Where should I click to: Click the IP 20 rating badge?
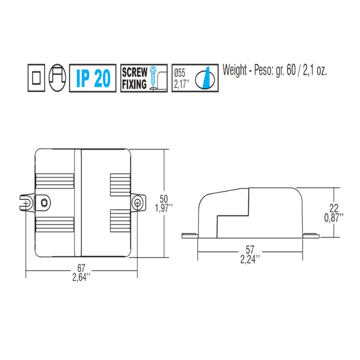[x=93, y=79]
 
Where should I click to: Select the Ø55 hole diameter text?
[x=180, y=72]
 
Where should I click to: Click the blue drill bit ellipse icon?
[x=206, y=78]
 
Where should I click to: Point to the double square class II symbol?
[x=36, y=78]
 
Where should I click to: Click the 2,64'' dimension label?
[x=81, y=276]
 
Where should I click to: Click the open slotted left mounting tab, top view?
[x=27, y=202]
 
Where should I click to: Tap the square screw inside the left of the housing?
[x=44, y=202]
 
